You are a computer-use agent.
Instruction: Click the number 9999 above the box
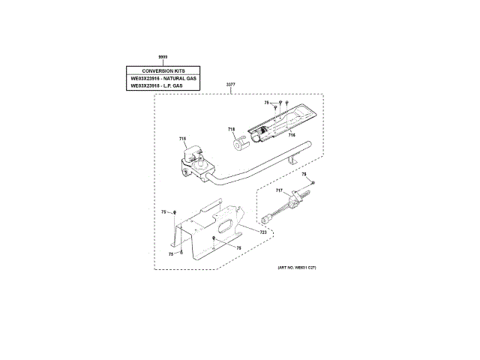pos(163,57)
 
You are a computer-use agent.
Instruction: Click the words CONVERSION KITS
pos(163,70)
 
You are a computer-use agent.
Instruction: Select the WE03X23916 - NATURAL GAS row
pos(163,78)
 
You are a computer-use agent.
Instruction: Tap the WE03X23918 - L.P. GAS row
pos(163,86)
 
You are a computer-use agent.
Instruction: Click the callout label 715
pos(182,138)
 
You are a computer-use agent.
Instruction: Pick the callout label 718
pos(232,130)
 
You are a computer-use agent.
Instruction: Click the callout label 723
pos(263,233)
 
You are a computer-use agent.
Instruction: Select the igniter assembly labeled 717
pos(289,202)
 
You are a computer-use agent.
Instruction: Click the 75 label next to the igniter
pos(304,175)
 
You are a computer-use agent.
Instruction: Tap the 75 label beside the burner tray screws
pos(266,102)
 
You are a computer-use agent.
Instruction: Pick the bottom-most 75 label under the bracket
pos(171,254)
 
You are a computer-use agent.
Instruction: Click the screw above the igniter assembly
pos(313,182)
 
